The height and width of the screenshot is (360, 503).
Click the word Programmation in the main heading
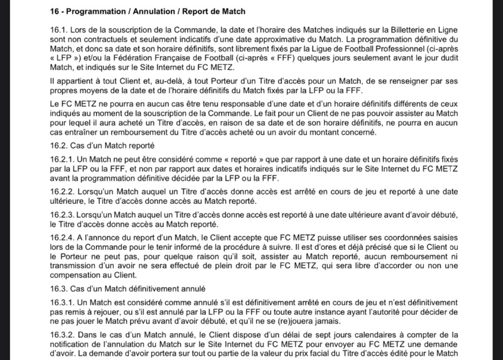pyautogui.click(x=95, y=12)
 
